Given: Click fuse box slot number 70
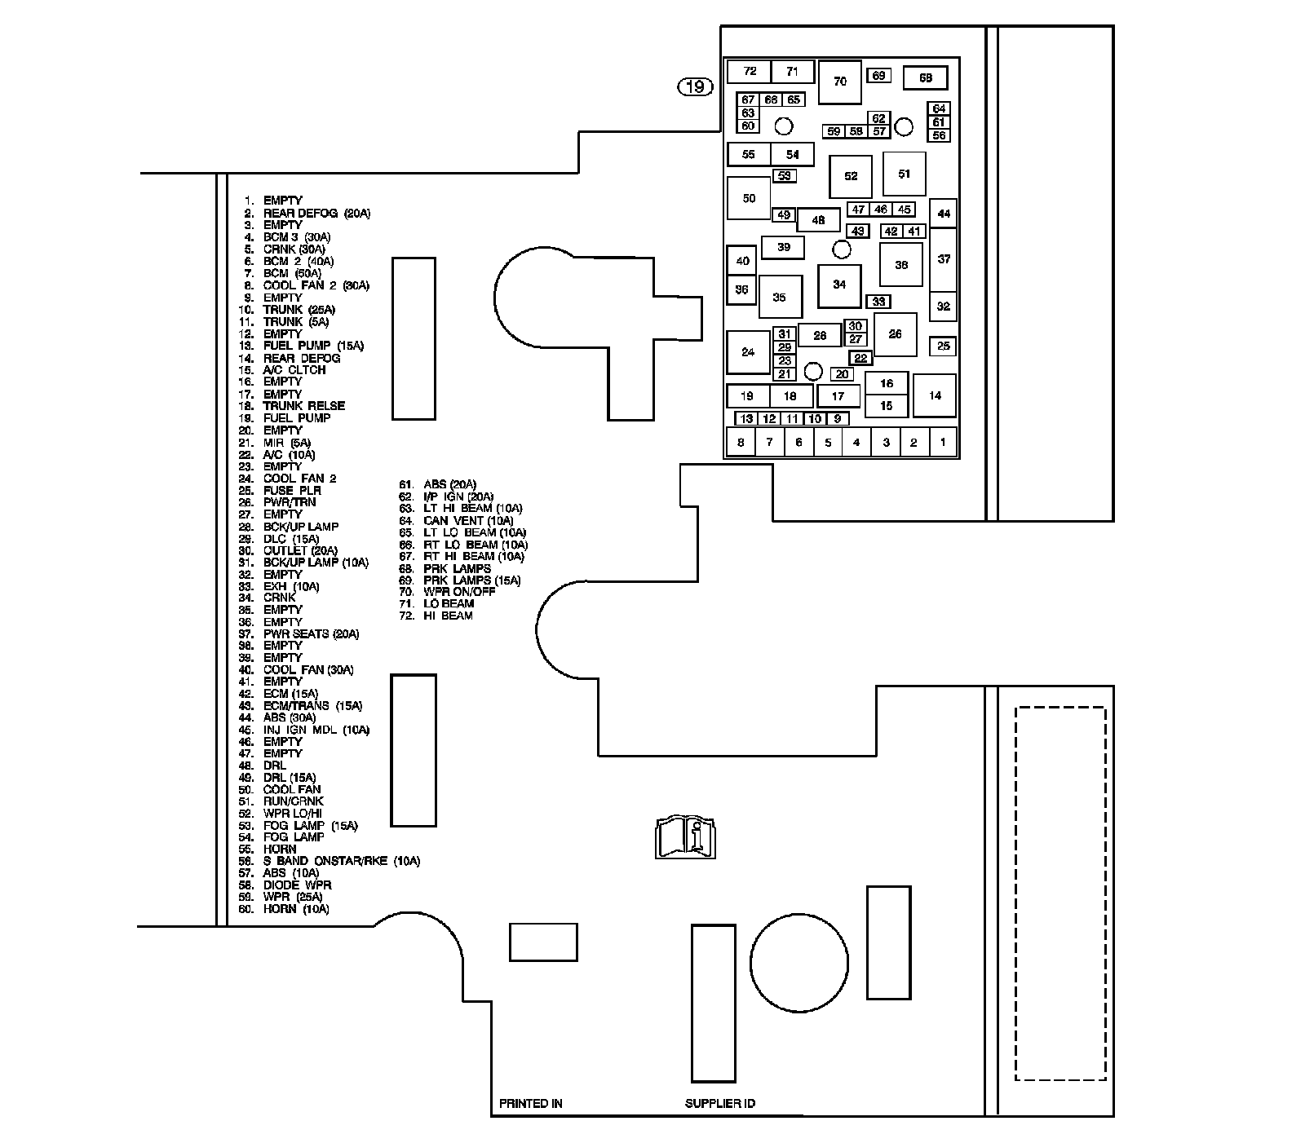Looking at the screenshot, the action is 839,82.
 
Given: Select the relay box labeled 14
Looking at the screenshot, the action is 935,395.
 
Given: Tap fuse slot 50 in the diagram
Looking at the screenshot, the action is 749,198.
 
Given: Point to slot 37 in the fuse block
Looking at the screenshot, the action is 944,259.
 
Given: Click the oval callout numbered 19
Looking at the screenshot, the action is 696,86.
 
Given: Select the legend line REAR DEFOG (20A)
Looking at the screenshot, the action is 316,214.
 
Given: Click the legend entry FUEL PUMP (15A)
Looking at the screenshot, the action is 313,346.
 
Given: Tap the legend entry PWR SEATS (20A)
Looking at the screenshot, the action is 311,634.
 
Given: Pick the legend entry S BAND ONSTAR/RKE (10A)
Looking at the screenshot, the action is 341,861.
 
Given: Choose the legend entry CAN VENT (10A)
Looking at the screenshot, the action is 468,520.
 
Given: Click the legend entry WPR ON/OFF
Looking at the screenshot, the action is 459,591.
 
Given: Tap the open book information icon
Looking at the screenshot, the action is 684,836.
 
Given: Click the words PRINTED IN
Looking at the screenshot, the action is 531,1104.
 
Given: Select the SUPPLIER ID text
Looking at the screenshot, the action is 720,1104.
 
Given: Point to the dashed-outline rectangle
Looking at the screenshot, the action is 1060,894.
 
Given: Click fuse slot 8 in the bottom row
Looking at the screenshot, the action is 741,443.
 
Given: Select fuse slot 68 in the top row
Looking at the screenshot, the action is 926,78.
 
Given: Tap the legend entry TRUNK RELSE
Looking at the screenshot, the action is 303,406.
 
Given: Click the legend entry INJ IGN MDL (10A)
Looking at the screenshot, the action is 316,730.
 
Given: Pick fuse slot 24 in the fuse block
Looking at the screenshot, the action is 748,352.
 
